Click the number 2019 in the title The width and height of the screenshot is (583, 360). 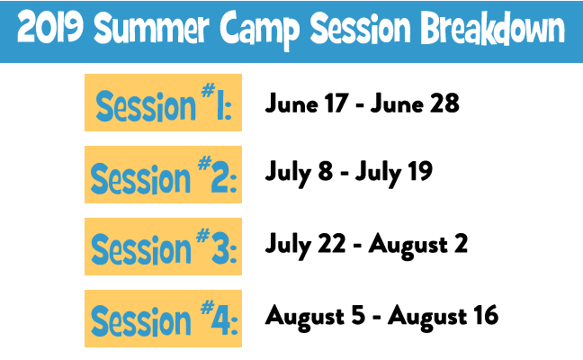point(50,28)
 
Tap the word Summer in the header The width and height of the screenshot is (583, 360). point(151,28)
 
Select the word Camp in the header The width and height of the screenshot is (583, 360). point(259,30)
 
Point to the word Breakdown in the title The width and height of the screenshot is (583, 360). point(493,29)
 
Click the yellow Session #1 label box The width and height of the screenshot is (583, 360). point(163,103)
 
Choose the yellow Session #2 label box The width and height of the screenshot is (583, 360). point(163,175)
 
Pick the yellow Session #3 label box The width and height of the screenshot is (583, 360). point(163,247)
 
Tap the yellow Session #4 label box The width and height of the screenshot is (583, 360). point(163,319)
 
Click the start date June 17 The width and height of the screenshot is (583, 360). point(307,103)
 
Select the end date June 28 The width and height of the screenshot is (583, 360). point(415,103)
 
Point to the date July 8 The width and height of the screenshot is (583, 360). point(299,173)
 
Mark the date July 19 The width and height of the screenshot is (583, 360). point(394,173)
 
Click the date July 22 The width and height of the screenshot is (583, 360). point(305,245)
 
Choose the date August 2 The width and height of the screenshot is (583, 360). point(418,245)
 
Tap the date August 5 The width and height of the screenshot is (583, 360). point(315,317)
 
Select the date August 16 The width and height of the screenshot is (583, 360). point(444,317)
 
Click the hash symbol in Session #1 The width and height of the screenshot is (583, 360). point(208,90)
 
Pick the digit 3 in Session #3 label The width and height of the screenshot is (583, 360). point(220,248)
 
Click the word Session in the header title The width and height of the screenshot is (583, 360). point(360,28)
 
